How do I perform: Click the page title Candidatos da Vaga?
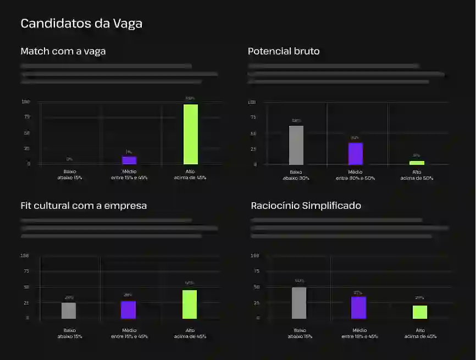[81, 24]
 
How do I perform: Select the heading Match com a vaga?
[63, 51]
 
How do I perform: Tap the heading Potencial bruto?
[284, 51]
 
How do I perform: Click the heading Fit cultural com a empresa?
[84, 206]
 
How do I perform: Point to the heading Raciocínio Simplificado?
[306, 206]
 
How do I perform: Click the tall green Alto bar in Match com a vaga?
[191, 134]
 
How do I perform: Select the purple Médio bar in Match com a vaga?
[129, 160]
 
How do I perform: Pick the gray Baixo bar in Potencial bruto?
[296, 145]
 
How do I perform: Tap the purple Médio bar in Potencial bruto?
[356, 153]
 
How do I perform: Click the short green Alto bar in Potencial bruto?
[417, 163]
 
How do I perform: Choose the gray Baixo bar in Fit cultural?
[69, 311]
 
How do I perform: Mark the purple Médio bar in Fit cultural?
[128, 309]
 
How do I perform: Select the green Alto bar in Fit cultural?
[190, 304]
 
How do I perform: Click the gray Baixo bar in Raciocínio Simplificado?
[300, 303]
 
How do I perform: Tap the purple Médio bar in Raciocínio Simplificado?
[358, 308]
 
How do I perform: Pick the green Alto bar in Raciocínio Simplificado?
[420, 312]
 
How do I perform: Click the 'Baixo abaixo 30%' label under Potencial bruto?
[296, 175]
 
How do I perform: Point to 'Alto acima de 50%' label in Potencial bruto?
[417, 175]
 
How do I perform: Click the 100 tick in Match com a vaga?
[26, 102]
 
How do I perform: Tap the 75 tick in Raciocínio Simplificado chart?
[255, 271]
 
